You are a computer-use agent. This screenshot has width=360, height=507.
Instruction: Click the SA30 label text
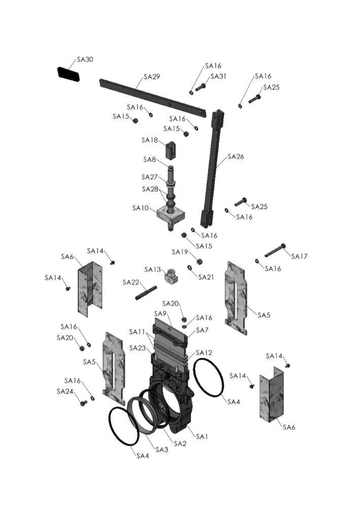pos(85,59)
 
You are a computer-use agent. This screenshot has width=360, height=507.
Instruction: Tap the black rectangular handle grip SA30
pos(68,74)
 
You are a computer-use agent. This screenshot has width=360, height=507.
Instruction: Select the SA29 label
pos(152,77)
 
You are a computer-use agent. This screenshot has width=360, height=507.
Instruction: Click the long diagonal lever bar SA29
pos(153,98)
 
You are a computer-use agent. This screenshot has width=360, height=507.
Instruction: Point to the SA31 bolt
pos(201,87)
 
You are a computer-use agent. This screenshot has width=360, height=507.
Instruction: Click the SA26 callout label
pos(236,157)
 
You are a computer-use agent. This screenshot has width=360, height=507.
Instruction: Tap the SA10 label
pos(140,208)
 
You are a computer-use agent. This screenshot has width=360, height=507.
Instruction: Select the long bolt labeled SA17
pos(275,250)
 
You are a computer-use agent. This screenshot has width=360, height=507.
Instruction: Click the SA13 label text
pos(153,270)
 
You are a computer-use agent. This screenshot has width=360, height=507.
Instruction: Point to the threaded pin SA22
pos(146,293)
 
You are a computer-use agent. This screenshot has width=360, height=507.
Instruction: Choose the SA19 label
pos(180,252)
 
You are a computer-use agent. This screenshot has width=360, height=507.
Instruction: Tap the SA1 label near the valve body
pos(202,437)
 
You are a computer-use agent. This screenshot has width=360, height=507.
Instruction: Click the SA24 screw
pos(84,403)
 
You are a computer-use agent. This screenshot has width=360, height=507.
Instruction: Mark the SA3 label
pos(162,450)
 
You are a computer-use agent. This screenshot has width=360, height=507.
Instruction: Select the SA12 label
pos(204,353)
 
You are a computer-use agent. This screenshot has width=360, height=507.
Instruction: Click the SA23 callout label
pos(137,348)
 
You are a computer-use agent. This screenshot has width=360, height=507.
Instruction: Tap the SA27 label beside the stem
pos(150,177)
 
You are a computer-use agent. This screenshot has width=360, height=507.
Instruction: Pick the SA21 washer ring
pos(190,267)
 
